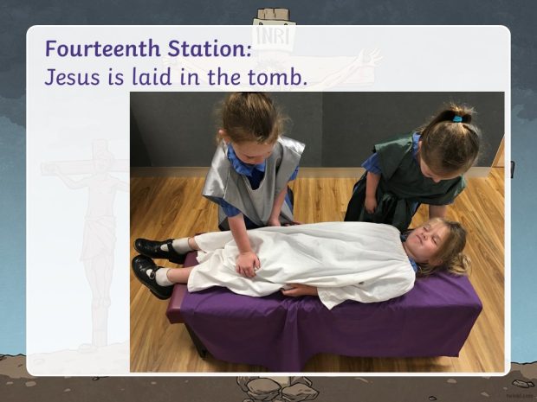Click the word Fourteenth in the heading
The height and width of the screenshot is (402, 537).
103,48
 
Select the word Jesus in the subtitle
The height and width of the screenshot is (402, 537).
72,77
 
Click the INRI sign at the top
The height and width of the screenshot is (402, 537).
274,35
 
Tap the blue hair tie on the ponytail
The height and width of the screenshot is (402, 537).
456,119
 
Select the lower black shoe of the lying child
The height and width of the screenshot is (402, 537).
150,276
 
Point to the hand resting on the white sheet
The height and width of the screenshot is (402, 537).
248,265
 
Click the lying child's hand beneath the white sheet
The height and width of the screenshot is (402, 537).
299,290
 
